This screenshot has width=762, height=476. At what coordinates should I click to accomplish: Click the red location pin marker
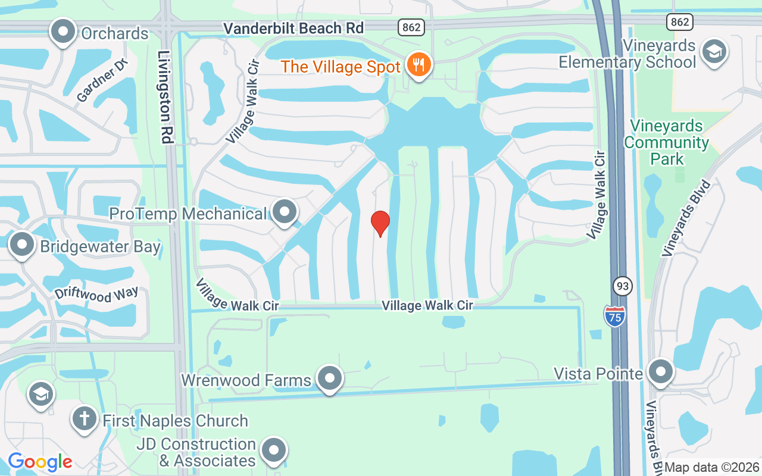[x=380, y=223]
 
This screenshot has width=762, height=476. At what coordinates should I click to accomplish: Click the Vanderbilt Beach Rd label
[x=293, y=28]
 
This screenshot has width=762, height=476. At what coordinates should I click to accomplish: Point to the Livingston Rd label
[x=165, y=96]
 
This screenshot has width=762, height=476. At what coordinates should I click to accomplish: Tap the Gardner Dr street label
[x=102, y=81]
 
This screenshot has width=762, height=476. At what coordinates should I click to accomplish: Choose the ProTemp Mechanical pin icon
[x=285, y=212]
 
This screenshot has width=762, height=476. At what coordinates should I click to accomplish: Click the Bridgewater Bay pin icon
[x=23, y=245]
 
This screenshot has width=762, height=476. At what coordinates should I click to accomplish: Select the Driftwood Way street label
[x=96, y=293]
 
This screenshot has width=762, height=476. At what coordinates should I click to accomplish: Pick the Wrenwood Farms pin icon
[x=329, y=378]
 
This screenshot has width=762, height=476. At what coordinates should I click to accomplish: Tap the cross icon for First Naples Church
[x=85, y=418]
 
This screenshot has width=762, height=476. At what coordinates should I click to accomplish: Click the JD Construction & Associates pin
[x=274, y=450]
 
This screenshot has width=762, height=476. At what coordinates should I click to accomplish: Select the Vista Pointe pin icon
[x=660, y=372]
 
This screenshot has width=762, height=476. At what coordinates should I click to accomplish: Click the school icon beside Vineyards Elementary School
[x=713, y=52]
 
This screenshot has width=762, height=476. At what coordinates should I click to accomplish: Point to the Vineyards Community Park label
[x=667, y=143]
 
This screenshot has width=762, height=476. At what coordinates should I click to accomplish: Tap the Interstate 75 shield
[x=614, y=315]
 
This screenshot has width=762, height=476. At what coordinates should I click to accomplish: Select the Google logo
[x=40, y=461]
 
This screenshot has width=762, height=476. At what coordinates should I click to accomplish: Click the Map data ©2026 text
[x=712, y=468]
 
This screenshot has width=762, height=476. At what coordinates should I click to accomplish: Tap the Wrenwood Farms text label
[x=246, y=380]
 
